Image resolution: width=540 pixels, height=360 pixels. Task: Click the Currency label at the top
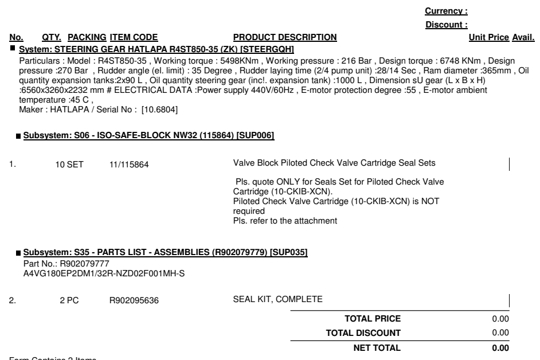pyautogui.click(x=446, y=11)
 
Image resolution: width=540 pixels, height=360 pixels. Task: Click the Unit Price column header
pyautogui.click(x=488, y=38)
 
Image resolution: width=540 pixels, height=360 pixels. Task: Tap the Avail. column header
pyautogui.click(x=523, y=38)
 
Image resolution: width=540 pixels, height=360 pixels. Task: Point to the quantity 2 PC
pyautogui.click(x=69, y=299)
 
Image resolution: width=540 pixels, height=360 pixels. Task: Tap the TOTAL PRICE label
pyautogui.click(x=372, y=319)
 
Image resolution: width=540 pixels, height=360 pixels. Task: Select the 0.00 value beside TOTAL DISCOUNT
pyautogui.click(x=500, y=332)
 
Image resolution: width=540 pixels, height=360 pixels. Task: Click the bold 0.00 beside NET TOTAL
pyautogui.click(x=500, y=347)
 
